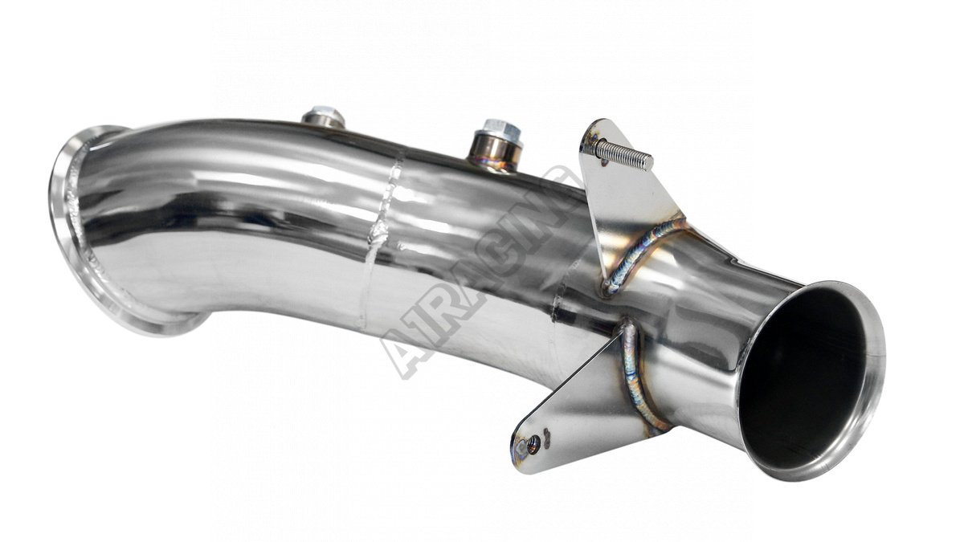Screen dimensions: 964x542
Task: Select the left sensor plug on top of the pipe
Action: [x=324, y=116]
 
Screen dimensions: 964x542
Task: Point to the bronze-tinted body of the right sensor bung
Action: [x=495, y=152]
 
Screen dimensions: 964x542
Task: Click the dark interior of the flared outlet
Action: [x=802, y=379]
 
